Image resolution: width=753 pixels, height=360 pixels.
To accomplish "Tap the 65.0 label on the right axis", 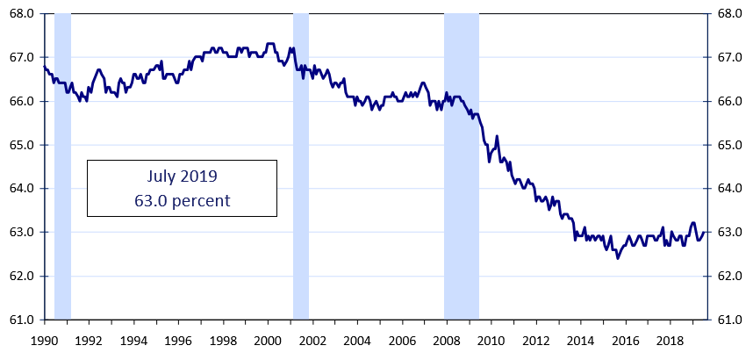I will (731, 145).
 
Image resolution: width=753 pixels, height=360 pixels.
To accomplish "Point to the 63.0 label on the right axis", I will (731, 233).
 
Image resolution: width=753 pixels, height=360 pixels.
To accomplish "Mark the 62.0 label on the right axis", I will (731, 276).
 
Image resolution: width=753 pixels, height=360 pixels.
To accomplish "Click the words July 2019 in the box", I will (181, 176).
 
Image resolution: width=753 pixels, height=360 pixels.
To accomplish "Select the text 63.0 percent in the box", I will (181, 200).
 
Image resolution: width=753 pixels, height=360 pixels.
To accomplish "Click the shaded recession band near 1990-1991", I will (62, 167).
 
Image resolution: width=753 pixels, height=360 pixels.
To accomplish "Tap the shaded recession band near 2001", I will (301, 167).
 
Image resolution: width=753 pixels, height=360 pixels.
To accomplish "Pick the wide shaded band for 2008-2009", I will (462, 167).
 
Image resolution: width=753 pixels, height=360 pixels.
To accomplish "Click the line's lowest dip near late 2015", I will (618, 258).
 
